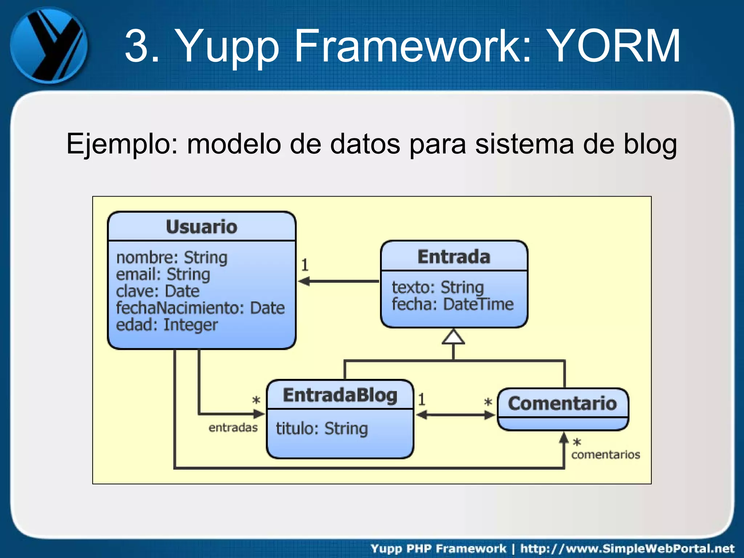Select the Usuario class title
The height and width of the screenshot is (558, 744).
click(202, 227)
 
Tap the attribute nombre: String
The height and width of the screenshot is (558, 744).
click(171, 258)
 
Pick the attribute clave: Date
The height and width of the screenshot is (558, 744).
click(158, 291)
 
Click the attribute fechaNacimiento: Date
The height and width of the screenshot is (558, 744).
click(200, 308)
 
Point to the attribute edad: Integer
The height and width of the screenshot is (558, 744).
click(167, 325)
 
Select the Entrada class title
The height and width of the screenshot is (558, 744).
click(454, 256)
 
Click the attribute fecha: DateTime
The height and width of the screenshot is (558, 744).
click(453, 304)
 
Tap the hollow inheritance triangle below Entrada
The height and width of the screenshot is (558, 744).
click(453, 337)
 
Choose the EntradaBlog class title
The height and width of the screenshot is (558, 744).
click(340, 395)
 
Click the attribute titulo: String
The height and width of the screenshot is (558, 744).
click(322, 428)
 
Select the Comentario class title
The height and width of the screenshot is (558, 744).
click(562, 404)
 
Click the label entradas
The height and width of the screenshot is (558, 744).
click(233, 428)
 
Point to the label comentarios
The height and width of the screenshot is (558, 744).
click(605, 454)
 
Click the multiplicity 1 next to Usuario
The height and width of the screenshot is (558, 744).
click(305, 265)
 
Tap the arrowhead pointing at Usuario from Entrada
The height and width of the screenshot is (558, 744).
click(304, 281)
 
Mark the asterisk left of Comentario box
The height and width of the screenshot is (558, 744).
click(488, 402)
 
